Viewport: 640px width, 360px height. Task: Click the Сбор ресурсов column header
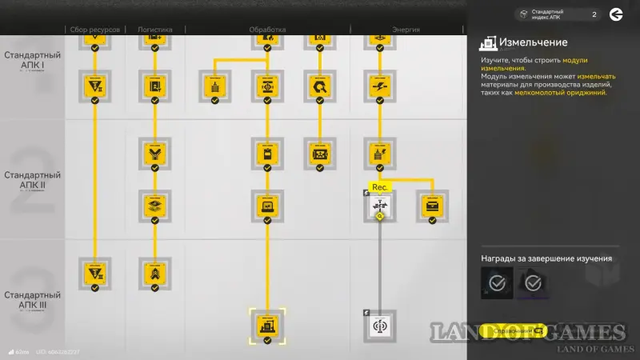click(x=94, y=30)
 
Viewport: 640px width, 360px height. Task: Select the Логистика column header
click(x=154, y=30)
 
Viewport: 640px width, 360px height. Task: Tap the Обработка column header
click(x=267, y=30)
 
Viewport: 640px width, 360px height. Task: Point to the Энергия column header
click(x=406, y=30)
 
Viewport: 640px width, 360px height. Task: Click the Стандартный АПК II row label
click(x=29, y=179)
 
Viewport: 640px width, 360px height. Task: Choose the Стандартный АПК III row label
click(x=29, y=299)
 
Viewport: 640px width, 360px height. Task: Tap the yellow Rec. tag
click(x=380, y=188)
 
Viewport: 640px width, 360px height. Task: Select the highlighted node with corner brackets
click(x=267, y=324)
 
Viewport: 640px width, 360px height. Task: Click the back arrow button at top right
click(x=616, y=14)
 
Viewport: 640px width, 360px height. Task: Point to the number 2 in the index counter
click(x=594, y=14)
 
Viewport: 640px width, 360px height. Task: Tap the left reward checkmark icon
click(x=497, y=282)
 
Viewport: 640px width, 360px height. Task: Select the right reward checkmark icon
click(x=532, y=282)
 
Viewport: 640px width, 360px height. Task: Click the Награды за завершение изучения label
click(x=546, y=258)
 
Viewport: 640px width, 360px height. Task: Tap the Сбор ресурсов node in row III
click(x=94, y=274)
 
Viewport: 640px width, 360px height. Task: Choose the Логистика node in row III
click(x=154, y=274)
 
